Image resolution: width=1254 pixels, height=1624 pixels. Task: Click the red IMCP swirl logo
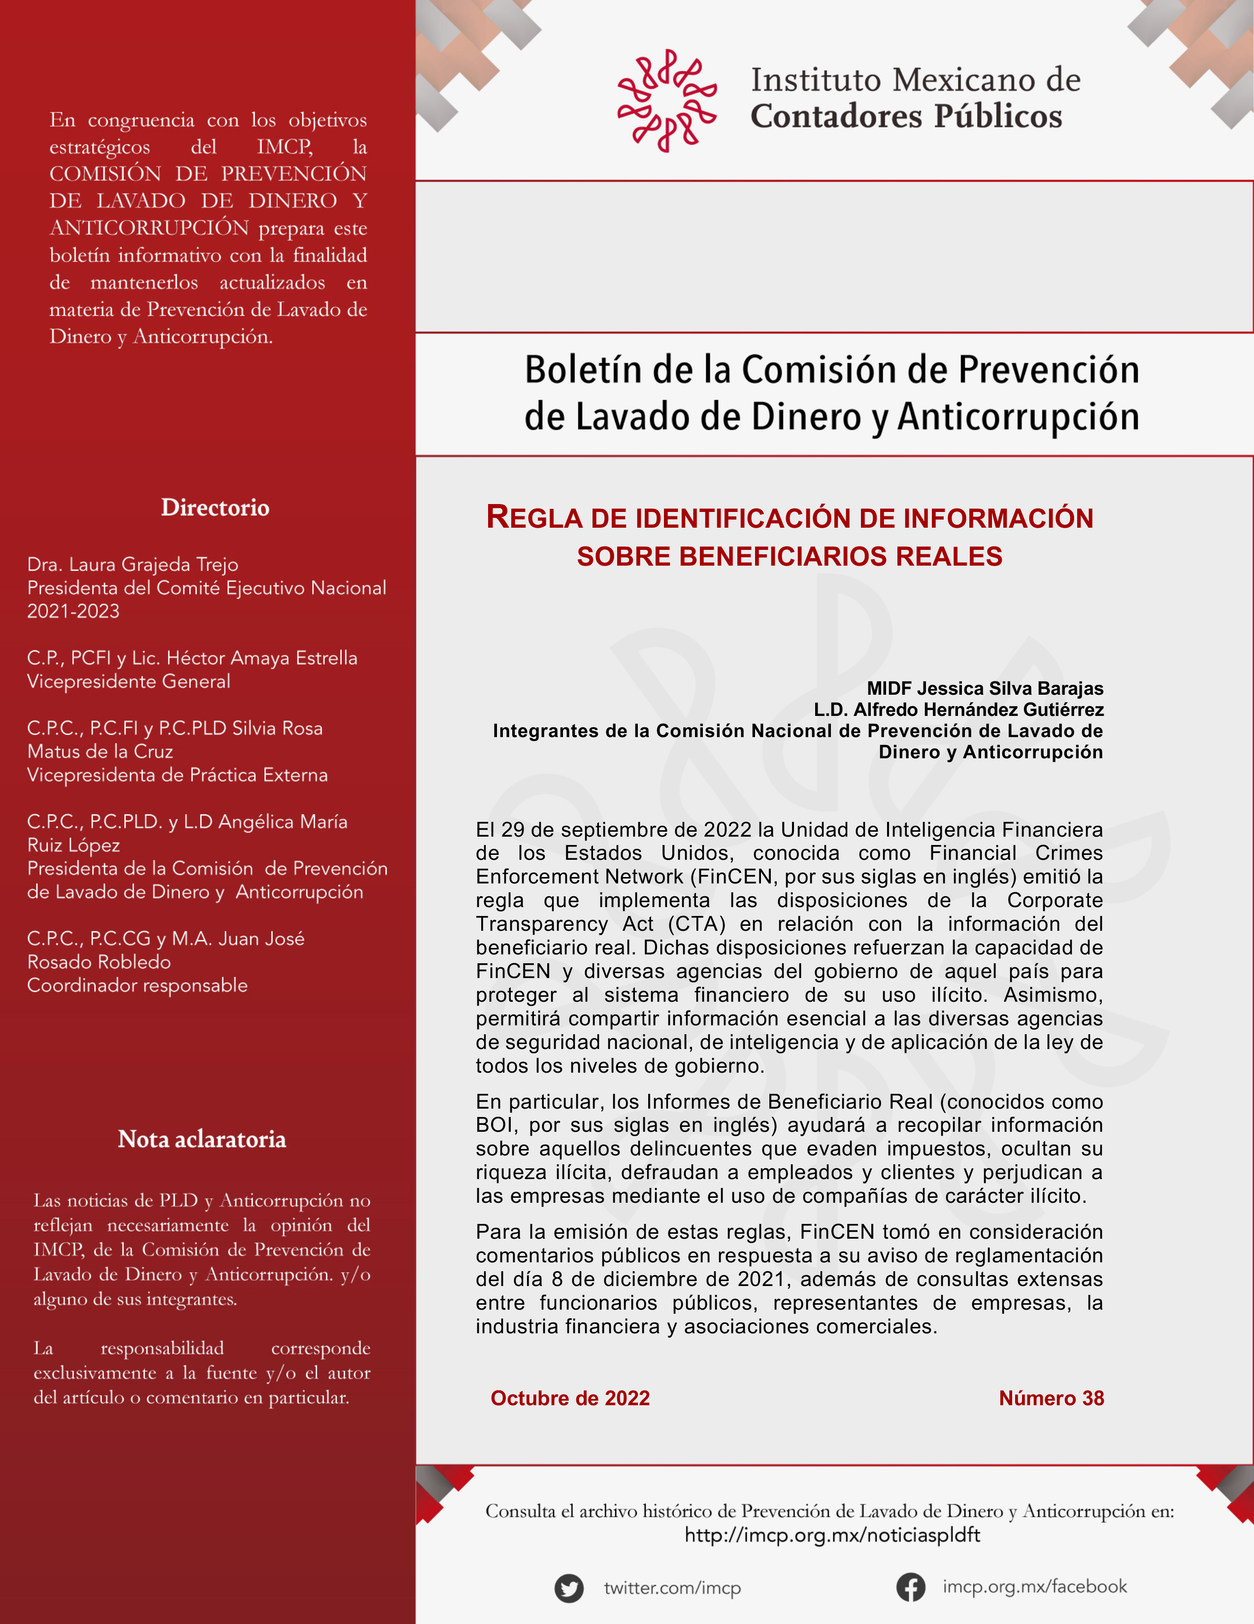(667, 101)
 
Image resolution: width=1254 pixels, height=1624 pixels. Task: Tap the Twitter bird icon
(569, 1589)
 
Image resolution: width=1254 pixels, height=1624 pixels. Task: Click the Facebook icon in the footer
(911, 1587)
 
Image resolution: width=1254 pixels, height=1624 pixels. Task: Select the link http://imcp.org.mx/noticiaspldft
(832, 1535)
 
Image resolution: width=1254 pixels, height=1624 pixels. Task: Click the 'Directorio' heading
(215, 508)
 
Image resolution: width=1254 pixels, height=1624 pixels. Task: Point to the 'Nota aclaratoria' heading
(201, 1139)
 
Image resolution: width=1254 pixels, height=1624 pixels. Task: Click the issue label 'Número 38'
(1051, 1398)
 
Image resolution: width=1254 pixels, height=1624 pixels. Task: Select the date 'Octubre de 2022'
(570, 1398)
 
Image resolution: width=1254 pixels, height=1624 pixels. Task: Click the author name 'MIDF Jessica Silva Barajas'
(985, 688)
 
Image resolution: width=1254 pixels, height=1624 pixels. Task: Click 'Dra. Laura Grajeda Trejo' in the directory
(132, 564)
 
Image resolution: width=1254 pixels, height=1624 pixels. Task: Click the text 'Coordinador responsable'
(137, 985)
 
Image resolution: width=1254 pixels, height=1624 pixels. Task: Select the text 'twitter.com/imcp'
(672, 1589)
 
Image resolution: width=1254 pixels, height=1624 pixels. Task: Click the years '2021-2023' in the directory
(73, 611)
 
